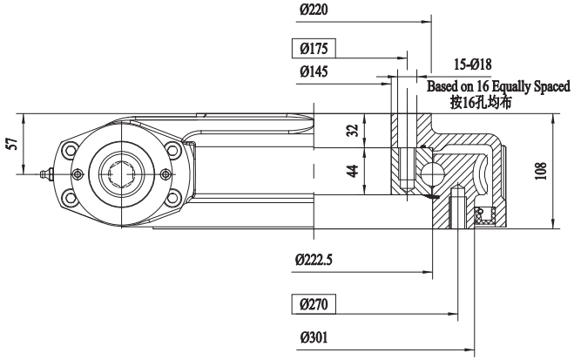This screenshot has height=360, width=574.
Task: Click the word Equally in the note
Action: (506, 87)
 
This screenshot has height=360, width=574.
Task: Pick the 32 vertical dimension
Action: (353, 131)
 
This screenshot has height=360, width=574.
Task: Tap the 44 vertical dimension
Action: (353, 170)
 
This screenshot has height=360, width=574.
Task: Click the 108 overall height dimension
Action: (541, 171)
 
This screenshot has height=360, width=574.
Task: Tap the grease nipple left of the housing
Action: (47, 174)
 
